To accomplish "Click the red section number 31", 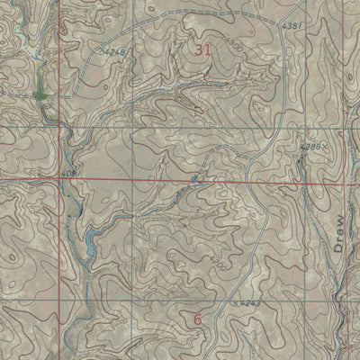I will click(201, 52).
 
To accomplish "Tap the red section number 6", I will click(197, 319).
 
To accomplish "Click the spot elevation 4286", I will click(310, 144).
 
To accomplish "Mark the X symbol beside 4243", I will click(235, 306).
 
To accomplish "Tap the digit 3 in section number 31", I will click(196, 52).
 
